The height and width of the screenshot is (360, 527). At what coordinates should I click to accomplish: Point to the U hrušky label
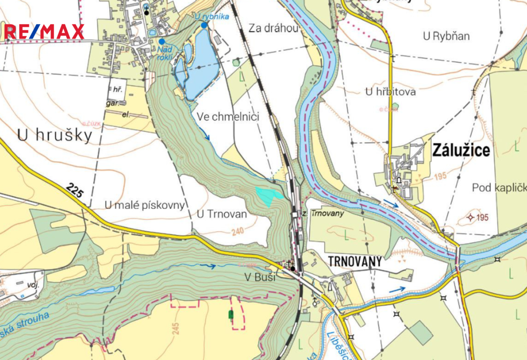(x=55, y=135)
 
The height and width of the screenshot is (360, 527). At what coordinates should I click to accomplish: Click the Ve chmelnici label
(x=227, y=117)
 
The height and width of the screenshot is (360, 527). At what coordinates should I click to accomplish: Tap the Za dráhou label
(x=273, y=28)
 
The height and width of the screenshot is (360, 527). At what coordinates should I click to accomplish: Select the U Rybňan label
(x=446, y=37)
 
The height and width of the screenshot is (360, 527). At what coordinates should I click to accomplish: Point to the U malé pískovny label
(x=145, y=205)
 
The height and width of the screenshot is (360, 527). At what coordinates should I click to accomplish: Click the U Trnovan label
(x=222, y=214)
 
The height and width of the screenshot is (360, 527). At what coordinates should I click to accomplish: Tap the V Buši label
(x=260, y=278)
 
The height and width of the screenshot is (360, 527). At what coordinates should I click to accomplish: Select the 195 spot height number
(x=482, y=217)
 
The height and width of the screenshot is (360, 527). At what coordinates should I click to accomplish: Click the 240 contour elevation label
(x=237, y=232)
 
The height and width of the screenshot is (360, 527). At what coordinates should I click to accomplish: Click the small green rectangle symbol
(x=230, y=313)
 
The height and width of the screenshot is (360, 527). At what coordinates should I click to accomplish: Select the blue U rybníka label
(x=212, y=16)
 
